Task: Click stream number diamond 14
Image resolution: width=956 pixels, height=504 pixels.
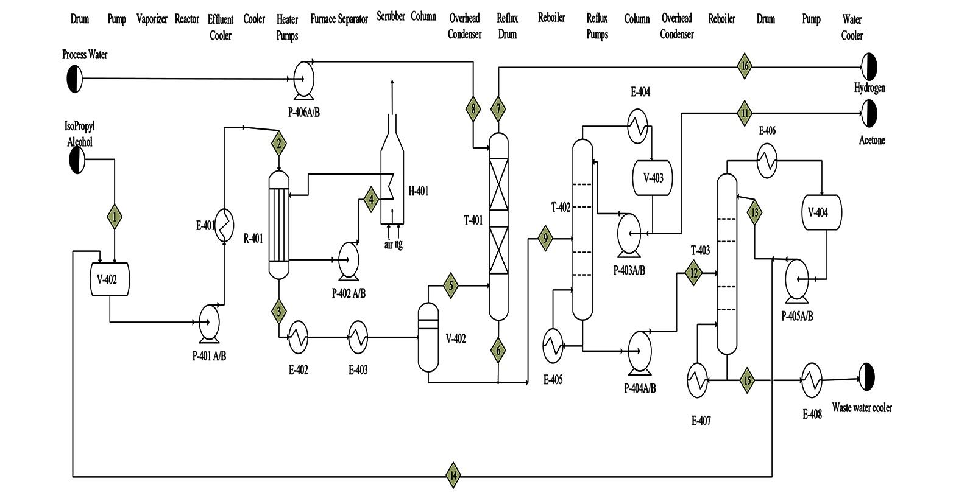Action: (453, 475)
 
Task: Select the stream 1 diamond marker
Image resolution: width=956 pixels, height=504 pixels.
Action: (114, 215)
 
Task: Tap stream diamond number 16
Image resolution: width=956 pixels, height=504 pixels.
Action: (744, 66)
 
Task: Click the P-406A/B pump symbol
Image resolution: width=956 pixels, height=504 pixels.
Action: (302, 78)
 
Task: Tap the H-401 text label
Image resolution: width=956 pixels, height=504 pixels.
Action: (418, 191)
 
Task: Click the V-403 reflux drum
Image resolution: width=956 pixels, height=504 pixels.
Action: (653, 178)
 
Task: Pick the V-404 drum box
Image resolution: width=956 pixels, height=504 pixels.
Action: (821, 212)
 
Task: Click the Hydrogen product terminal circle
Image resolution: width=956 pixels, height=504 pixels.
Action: (869, 65)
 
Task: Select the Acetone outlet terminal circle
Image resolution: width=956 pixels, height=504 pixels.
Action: (869, 113)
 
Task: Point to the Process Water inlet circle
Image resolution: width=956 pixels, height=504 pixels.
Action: (74, 79)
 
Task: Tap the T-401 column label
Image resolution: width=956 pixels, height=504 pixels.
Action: (473, 220)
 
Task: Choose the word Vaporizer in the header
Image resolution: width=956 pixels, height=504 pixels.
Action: (152, 19)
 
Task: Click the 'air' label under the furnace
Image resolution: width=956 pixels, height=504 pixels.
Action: (388, 245)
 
